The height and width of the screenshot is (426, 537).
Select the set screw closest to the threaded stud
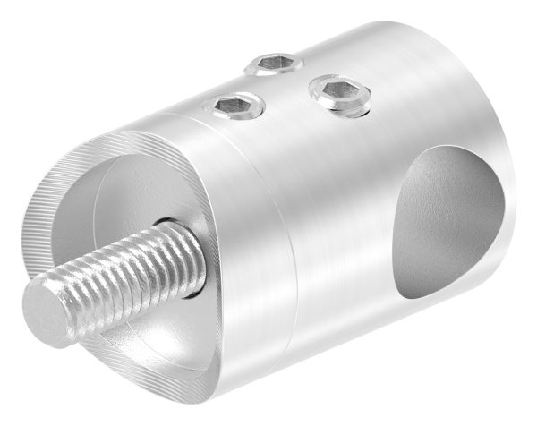pos(234,106)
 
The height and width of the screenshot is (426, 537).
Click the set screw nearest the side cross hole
pos(339,93)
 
